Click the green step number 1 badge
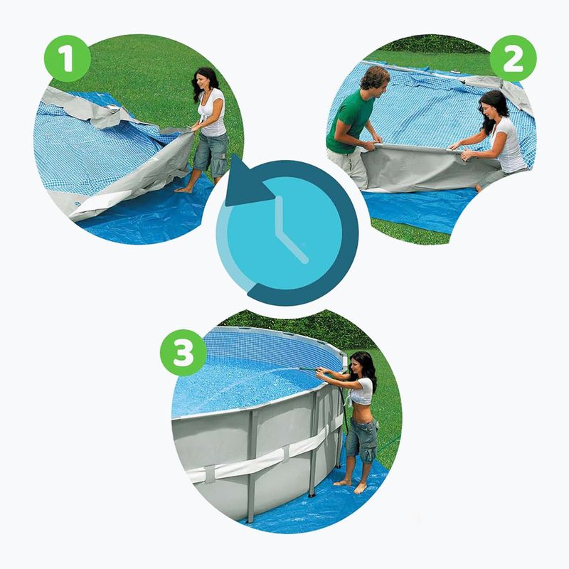click(x=67, y=58)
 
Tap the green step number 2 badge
click(x=513, y=58)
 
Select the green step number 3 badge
click(x=184, y=352)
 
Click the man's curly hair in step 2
click(x=375, y=77)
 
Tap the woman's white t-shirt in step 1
click(x=214, y=113)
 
